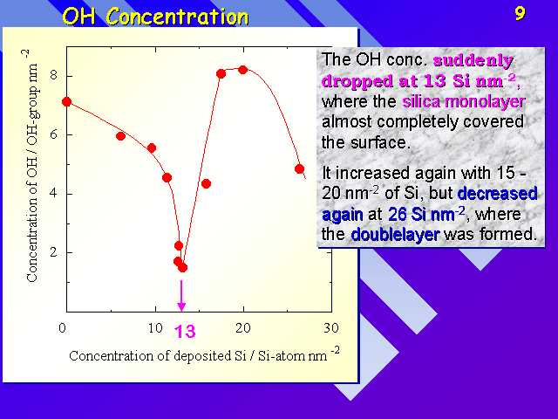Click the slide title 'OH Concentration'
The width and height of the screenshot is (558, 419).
155,17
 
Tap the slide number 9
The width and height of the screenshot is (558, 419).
520,14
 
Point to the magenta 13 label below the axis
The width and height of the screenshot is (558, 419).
185,332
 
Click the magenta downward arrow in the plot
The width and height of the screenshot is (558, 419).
181,295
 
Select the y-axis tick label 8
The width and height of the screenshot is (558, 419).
54,76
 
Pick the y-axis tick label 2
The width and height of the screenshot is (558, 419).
54,252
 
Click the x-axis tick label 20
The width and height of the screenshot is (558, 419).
243,327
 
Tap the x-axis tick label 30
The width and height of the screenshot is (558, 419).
331,327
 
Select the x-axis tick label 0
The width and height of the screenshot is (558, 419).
62,327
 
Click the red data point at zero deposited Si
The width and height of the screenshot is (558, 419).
66,102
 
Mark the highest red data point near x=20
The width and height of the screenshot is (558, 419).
243,70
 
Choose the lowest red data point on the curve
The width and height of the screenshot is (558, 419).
182,268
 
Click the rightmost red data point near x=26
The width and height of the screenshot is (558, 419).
299,168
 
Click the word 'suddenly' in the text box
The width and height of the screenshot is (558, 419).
473,60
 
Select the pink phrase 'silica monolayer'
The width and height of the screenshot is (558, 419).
463,102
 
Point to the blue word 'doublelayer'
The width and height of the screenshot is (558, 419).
395,235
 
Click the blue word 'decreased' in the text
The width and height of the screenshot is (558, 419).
497,194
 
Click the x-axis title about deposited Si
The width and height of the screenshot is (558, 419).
204,355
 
